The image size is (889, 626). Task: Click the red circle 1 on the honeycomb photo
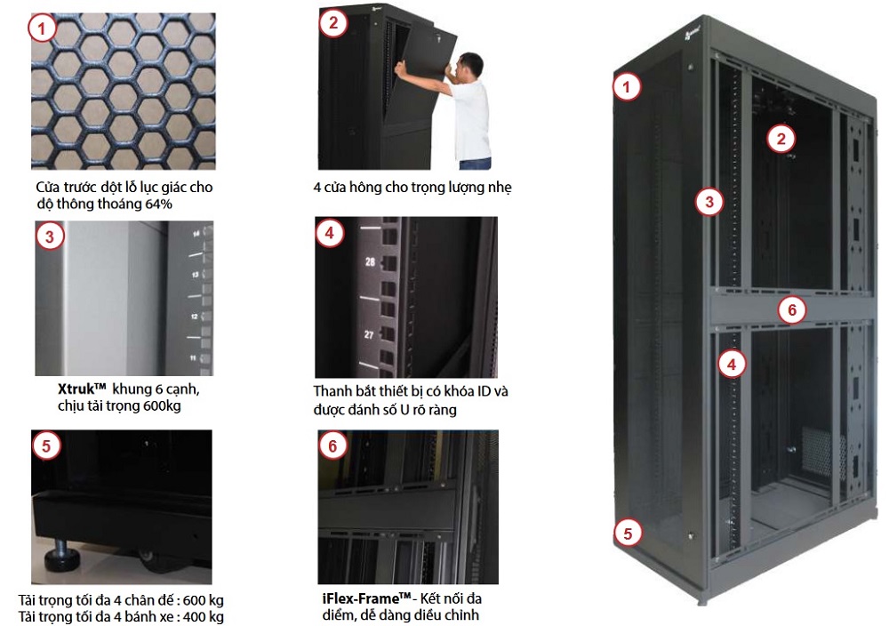pos(42,29)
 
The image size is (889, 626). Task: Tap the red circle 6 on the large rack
pos(791,310)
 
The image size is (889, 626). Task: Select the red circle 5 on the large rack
pos(628,534)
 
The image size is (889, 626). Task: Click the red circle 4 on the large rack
pos(732,363)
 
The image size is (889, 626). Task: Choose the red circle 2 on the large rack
pos(781,139)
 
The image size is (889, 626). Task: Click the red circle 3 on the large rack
pos(709,202)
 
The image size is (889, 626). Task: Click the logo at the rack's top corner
pos(690,37)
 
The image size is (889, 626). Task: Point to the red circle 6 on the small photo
pos(332,446)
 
